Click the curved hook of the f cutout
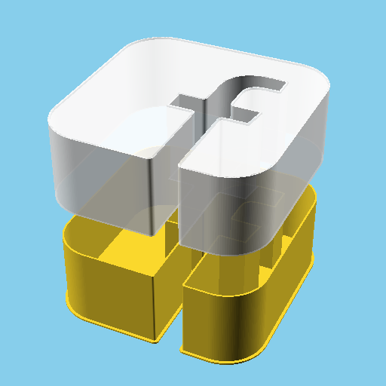pyautogui.click(x=256, y=84)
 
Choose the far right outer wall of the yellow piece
pyautogui.click(x=302, y=256)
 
